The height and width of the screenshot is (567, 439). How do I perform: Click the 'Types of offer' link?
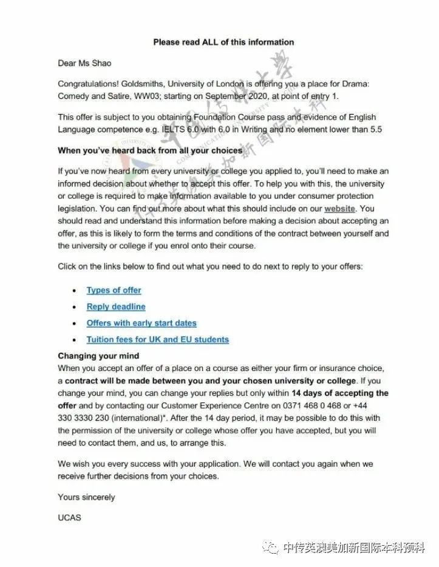[114, 290]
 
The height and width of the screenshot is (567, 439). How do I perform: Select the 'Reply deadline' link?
[116, 307]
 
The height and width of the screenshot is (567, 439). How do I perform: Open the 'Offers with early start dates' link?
[141, 323]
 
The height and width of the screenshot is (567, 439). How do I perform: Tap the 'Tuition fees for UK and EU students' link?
[157, 339]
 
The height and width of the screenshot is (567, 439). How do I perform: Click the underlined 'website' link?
[339, 208]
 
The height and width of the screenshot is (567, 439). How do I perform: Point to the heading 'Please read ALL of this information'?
[223, 42]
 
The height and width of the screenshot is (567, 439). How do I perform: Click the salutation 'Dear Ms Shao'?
[84, 63]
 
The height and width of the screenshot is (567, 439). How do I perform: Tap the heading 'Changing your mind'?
[98, 356]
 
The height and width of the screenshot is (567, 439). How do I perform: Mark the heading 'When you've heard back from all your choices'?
[149, 150]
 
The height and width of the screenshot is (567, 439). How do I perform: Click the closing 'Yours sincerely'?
[86, 497]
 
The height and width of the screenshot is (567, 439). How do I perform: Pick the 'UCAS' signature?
[69, 518]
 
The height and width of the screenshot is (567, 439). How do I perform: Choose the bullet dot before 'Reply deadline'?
[74, 307]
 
